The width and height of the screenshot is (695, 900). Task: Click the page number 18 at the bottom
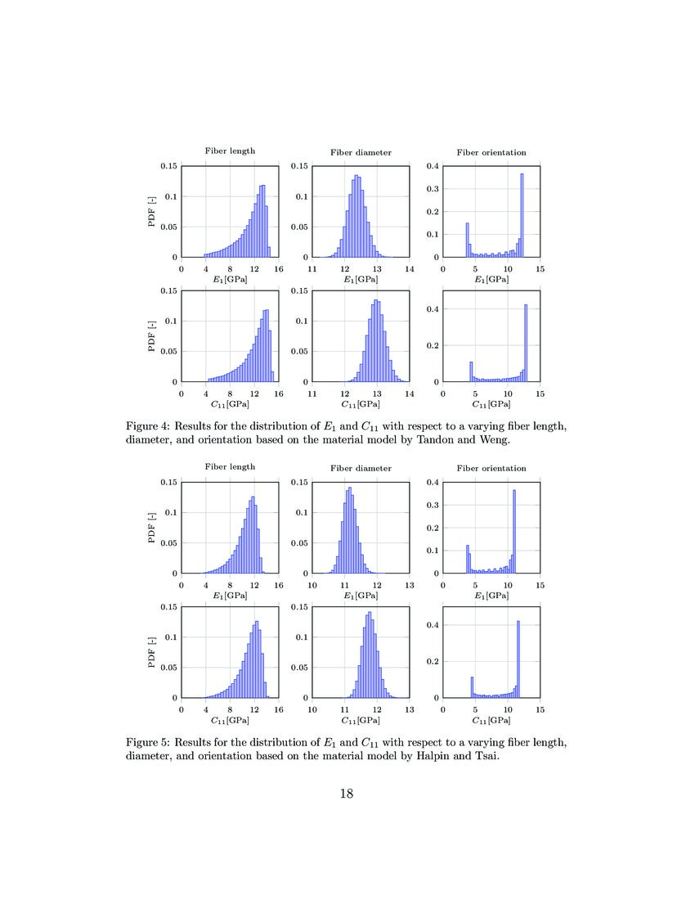[347, 793]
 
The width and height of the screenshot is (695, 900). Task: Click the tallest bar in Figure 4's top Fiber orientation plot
[522, 215]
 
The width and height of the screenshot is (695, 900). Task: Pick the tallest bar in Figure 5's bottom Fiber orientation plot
[518, 659]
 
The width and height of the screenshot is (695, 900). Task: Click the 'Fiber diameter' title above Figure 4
[361, 152]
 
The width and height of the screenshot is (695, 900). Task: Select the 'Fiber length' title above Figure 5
[230, 467]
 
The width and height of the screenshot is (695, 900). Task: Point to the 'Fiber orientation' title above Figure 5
[491, 468]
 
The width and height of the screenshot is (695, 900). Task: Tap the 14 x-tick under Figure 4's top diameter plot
[410, 268]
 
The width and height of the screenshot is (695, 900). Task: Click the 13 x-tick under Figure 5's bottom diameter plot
[410, 709]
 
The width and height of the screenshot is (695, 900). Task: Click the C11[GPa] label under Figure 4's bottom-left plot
[230, 404]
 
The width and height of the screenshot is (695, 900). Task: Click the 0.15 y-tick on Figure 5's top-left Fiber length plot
[168, 482]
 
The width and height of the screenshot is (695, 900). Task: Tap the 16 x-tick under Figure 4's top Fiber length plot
[279, 268]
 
